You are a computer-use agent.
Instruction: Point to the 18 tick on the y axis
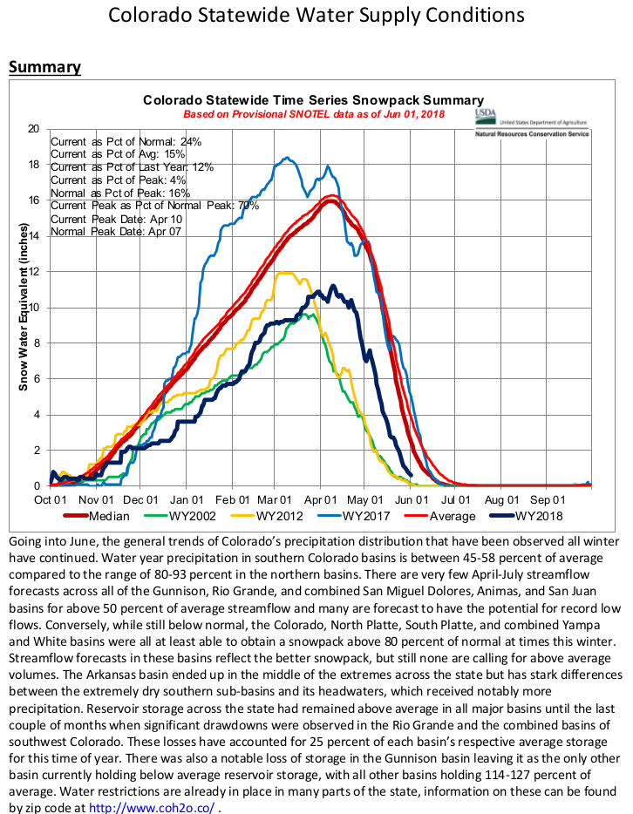33,165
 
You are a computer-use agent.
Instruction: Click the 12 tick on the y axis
33,272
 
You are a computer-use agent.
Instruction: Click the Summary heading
44,67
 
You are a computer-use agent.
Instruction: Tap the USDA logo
486,117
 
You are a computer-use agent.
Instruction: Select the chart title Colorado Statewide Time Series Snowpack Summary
313,100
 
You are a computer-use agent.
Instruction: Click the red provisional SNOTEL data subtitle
313,114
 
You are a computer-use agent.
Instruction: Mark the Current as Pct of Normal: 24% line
126,141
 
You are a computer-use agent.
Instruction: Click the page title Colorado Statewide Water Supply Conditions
316,16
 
